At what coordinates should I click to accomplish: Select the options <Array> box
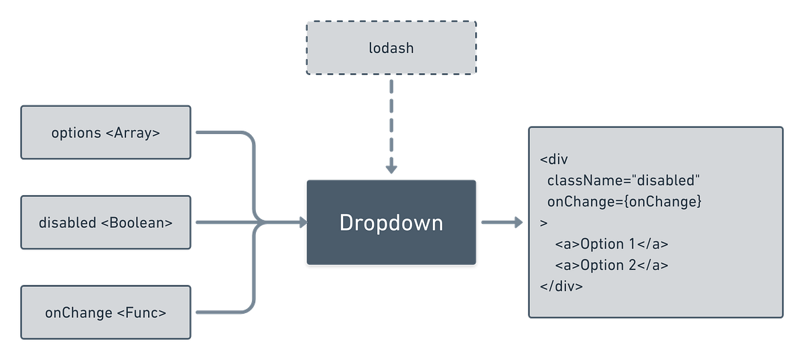pos(106,133)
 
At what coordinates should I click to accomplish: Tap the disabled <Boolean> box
pos(106,223)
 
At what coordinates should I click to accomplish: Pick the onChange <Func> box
pos(106,312)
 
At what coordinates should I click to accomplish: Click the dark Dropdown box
pos(391,222)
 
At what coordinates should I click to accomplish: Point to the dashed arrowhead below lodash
pos(391,169)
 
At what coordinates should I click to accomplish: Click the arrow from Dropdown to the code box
pos(501,222)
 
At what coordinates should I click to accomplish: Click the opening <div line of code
pos(553,160)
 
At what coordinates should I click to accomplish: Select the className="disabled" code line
pos(623,181)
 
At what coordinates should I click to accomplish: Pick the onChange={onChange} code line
pos(624,202)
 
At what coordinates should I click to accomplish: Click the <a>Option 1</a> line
pos(611,244)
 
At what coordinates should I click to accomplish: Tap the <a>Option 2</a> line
pos(611,265)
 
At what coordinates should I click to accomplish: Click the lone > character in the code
pos(543,223)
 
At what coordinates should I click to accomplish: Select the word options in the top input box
pos(76,133)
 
